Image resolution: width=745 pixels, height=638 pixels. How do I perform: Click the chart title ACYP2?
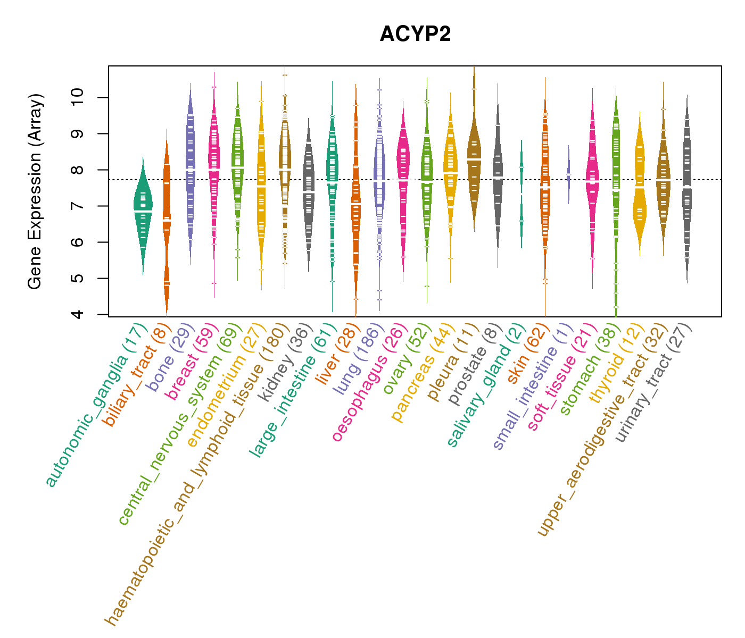point(415,35)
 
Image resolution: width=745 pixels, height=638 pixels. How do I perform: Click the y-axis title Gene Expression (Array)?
point(35,191)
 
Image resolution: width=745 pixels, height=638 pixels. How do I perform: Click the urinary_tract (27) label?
point(654,383)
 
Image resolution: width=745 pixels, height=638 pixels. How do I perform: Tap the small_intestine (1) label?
point(532,388)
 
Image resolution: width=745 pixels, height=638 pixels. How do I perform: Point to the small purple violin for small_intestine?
point(568,174)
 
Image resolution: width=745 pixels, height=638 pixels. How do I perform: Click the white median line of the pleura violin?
point(474,159)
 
